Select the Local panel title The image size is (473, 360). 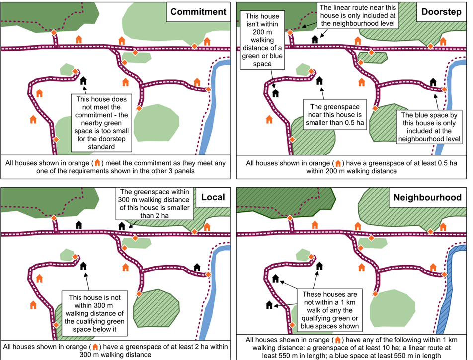[x=213, y=197]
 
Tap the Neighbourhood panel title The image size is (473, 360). [x=427, y=197]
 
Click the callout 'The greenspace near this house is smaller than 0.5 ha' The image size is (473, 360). [x=333, y=115]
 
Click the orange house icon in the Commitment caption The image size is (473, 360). [x=98, y=163]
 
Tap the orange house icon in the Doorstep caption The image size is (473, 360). [x=338, y=163]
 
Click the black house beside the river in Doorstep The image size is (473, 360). [x=433, y=82]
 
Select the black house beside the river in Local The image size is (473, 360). [x=197, y=267]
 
